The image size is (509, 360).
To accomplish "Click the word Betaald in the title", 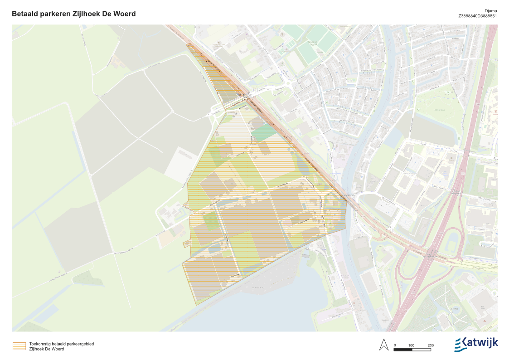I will [26, 14].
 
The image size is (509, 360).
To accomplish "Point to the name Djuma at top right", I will [491, 10].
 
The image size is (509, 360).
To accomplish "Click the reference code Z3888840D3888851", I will [478, 16].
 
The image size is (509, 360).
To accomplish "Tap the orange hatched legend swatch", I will [19, 346].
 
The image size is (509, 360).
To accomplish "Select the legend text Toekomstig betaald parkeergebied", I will [61, 344].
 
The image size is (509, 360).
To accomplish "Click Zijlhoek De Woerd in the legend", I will [46, 349].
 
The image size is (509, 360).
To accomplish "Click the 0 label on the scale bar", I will [395, 345].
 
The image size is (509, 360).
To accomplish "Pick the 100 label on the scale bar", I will [411, 345].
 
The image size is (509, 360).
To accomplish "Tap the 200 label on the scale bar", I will [430, 345].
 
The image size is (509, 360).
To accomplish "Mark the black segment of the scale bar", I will [402, 350].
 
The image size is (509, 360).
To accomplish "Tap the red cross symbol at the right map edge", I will [495, 111].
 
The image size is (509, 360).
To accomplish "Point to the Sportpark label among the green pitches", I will [313, 43].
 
